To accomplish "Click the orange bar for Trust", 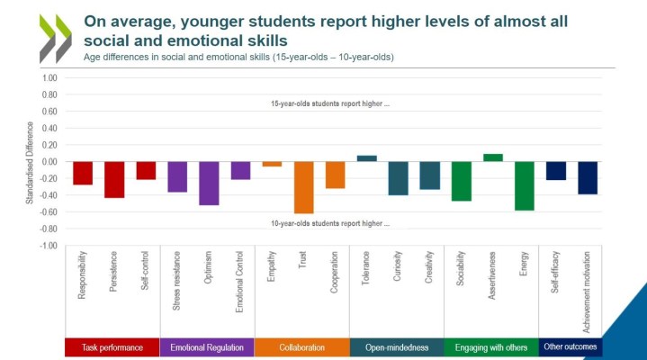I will [303, 187].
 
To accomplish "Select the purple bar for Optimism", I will [209, 184].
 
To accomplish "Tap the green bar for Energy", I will [525, 186].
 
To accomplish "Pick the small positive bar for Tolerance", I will [367, 158].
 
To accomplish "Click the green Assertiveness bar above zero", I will [493, 157].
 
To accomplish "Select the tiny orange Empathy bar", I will [272, 164].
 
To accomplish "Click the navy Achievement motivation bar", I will [588, 178].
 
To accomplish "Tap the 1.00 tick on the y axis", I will [49, 78].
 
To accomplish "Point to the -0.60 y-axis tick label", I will [48, 212].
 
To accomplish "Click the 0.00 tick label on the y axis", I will [49, 162].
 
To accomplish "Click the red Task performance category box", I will [112, 347].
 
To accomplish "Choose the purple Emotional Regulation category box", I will [206, 347].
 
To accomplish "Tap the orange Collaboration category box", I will [302, 347].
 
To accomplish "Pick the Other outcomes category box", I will [571, 347].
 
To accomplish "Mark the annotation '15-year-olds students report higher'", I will [330, 103].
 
